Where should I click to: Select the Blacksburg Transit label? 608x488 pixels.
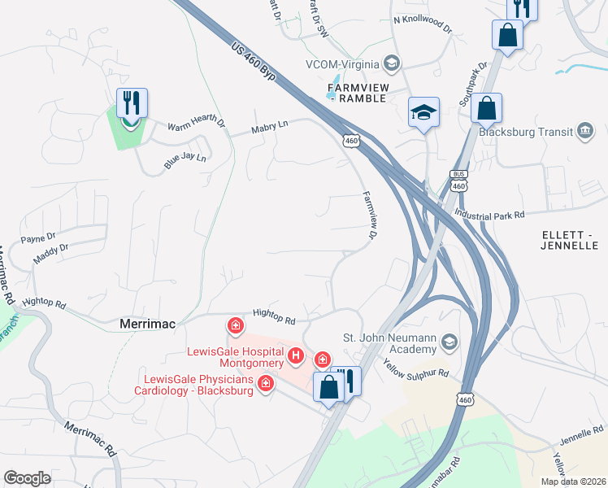pos(526,132)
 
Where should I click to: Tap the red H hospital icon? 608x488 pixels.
pos(297,355)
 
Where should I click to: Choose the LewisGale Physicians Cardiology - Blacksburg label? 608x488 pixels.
pos(198,384)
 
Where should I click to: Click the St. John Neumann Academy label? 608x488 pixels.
pos(390,343)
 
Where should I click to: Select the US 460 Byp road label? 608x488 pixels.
pos(254,62)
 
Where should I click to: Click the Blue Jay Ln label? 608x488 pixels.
pos(185,156)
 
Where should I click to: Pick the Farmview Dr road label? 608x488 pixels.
pos(371,216)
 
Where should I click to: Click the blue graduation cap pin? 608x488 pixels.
pos(423,112)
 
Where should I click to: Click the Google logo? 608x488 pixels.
pos(28,478)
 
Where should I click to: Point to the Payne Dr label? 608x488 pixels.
pos(38,238)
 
